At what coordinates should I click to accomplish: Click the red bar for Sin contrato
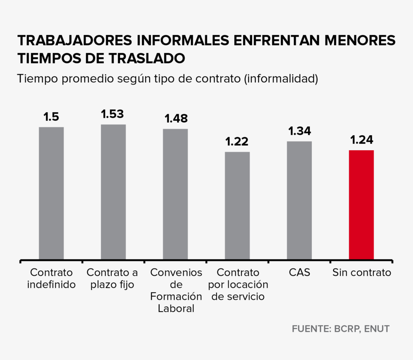[361, 205]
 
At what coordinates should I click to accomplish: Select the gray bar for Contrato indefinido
[51, 193]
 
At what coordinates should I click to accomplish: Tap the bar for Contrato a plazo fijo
[113, 192]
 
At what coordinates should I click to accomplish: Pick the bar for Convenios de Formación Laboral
[175, 194]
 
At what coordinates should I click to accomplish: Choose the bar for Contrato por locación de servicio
[237, 205]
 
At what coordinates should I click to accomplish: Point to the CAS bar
[299, 200]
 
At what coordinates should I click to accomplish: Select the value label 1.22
[237, 142]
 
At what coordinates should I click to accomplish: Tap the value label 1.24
[361, 140]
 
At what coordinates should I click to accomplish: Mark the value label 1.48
[176, 119]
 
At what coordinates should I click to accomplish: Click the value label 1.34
[299, 131]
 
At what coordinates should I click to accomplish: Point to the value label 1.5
[51, 117]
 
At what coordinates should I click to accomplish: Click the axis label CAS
[300, 272]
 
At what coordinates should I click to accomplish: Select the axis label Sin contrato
[362, 272]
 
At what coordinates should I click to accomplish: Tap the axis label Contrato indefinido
[52, 278]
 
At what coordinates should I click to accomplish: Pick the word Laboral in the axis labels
[176, 309]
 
